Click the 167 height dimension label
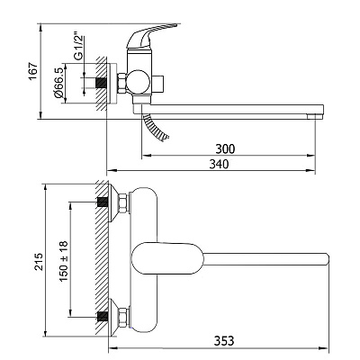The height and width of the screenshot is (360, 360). (x=32, y=71)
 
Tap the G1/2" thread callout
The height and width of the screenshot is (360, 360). (x=78, y=48)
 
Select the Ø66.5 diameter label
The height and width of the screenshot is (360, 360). (x=58, y=83)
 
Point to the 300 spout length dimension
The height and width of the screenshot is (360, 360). (x=225, y=148)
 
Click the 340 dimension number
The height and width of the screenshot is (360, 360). (x=219, y=164)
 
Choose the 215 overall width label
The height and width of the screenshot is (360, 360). (x=39, y=261)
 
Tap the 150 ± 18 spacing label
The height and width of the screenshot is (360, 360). (x=64, y=261)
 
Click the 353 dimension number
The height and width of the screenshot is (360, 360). (x=224, y=341)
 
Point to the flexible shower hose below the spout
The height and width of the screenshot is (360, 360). (x=155, y=128)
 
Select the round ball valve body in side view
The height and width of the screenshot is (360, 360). (x=138, y=82)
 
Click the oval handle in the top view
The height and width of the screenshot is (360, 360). (x=167, y=258)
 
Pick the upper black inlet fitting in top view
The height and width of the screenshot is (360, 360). (x=103, y=202)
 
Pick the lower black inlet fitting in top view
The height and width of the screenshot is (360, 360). (x=103, y=317)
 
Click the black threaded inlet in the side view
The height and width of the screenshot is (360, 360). (x=102, y=83)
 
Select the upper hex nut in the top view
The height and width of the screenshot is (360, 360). (x=123, y=203)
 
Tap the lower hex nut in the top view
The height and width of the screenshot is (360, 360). (x=123, y=318)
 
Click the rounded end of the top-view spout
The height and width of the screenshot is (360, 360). (x=327, y=259)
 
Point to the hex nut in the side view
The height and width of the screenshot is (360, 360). (x=121, y=83)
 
